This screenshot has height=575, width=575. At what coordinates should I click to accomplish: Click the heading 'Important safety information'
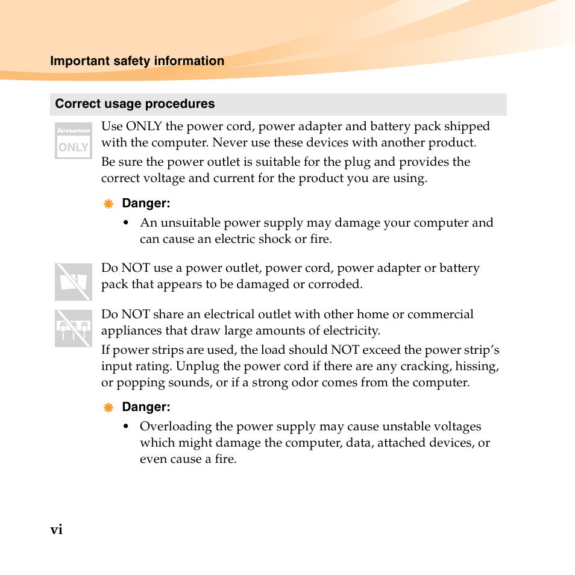[137, 61]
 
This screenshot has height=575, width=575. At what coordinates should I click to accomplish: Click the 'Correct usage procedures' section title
[134, 104]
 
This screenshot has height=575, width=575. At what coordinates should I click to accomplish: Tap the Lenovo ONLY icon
[73, 140]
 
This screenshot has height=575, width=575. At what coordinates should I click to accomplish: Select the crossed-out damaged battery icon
[73, 281]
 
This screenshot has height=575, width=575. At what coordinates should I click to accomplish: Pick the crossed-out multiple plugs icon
[73, 328]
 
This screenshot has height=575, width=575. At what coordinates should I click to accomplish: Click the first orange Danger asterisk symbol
[108, 204]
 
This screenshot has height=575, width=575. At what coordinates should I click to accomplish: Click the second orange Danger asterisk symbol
[108, 407]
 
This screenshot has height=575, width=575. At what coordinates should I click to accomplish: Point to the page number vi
[56, 530]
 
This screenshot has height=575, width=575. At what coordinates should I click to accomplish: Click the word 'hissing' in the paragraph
[476, 366]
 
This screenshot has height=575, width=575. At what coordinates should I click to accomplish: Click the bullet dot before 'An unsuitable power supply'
[126, 223]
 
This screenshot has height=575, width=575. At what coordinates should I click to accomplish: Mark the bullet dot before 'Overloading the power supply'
[126, 427]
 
